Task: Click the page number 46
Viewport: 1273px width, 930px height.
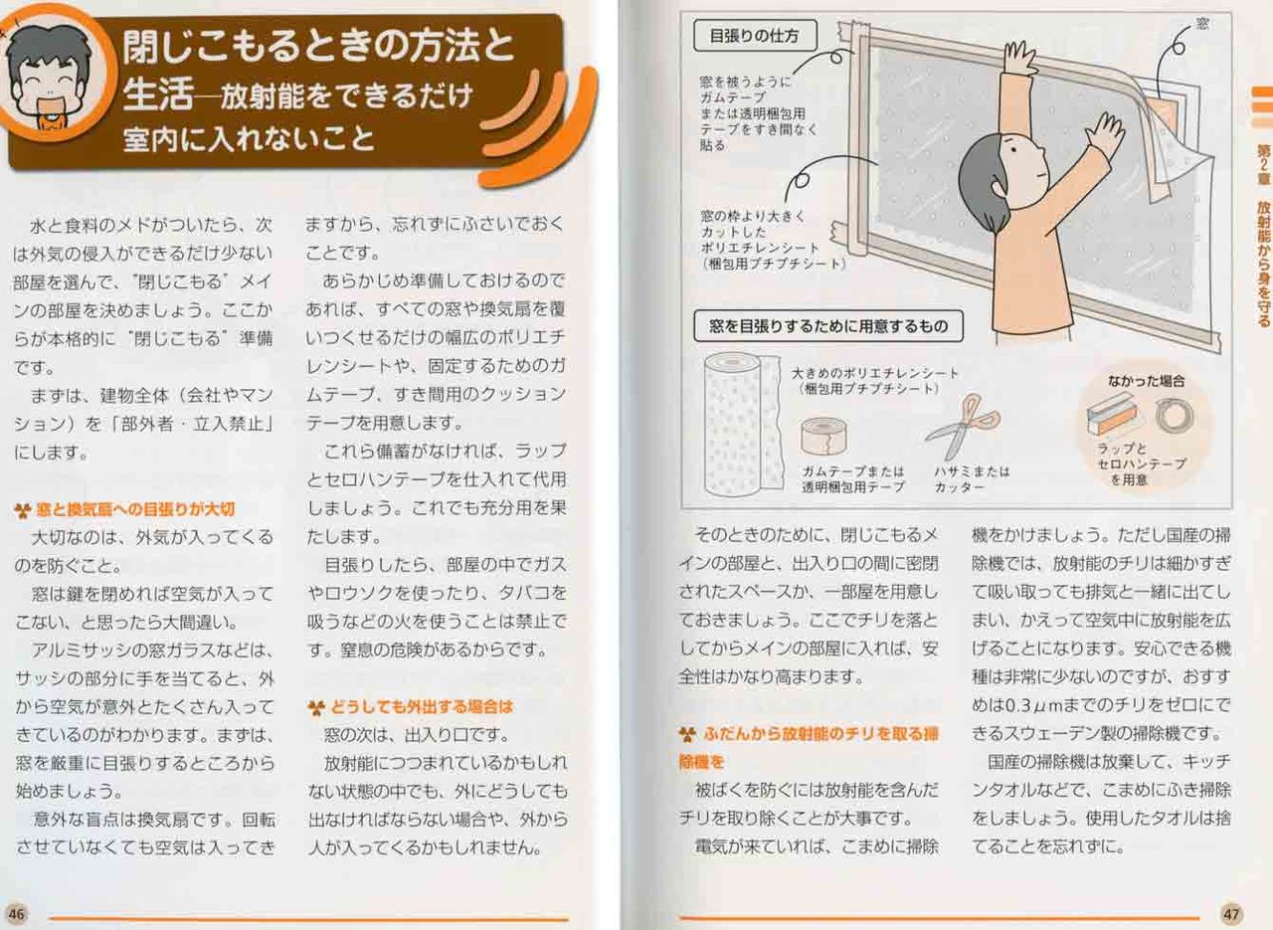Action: click(x=17, y=913)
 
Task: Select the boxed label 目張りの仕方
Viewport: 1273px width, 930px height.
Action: click(x=755, y=36)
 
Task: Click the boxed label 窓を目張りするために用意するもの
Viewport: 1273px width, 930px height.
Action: click(x=828, y=325)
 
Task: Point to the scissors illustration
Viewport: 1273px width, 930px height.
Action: click(x=962, y=427)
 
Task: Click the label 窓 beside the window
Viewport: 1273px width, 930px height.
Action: click(x=1202, y=24)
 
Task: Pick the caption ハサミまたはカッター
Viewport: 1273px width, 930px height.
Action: click(x=972, y=479)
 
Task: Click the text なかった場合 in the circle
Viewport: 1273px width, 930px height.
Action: click(x=1146, y=381)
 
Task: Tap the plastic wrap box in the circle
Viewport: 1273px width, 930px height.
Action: click(x=1113, y=414)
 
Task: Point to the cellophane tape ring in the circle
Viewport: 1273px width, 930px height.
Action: click(x=1175, y=415)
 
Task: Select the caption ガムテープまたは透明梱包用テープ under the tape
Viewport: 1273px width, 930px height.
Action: click(x=853, y=479)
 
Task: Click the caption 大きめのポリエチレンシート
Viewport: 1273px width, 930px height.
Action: click(x=875, y=373)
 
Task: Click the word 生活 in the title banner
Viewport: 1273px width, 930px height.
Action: click(x=157, y=94)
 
